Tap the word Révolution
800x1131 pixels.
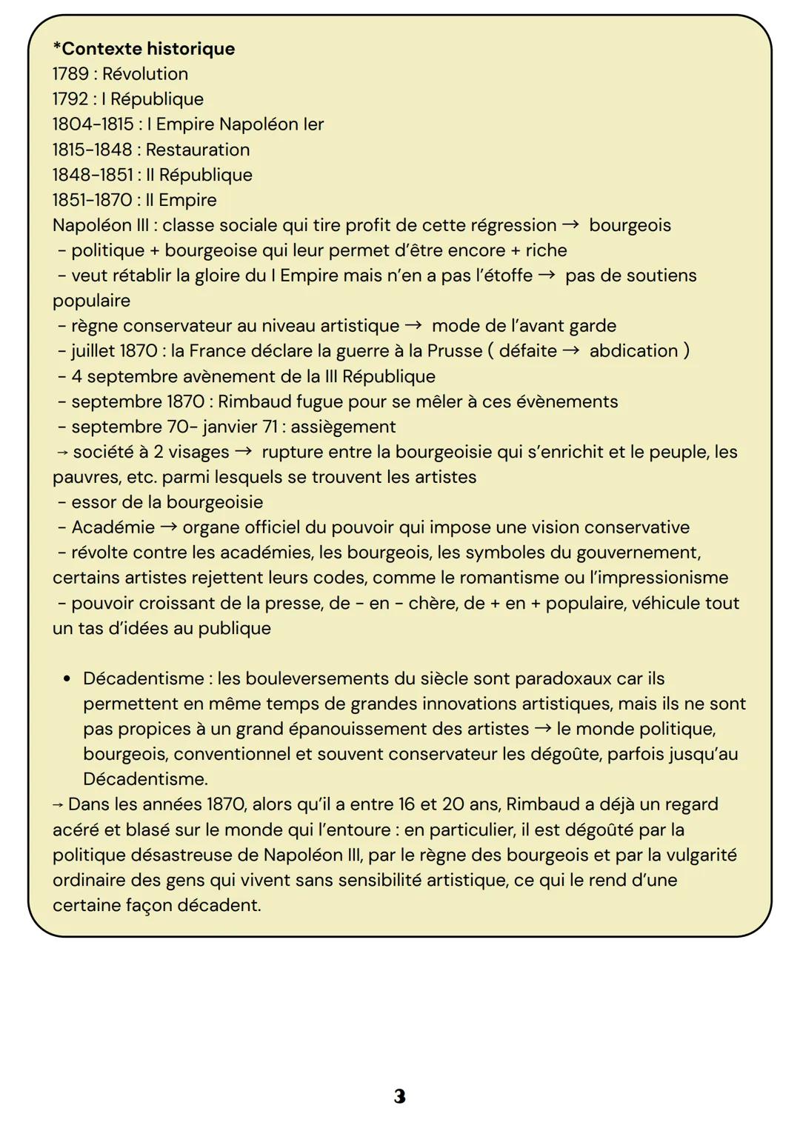pyautogui.click(x=145, y=74)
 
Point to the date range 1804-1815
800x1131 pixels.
pyautogui.click(x=93, y=124)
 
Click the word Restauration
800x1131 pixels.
pyautogui.click(x=198, y=150)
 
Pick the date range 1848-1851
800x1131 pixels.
pyautogui.click(x=92, y=175)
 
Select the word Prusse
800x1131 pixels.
pyautogui.click(x=454, y=351)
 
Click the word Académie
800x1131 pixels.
pyautogui.click(x=113, y=527)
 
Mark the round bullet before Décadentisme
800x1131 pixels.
pyautogui.click(x=67, y=678)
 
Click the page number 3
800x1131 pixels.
pyautogui.click(x=400, y=1096)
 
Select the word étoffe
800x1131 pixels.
pyautogui.click(x=504, y=276)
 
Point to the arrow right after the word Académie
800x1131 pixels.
pyautogui.click(x=169, y=527)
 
